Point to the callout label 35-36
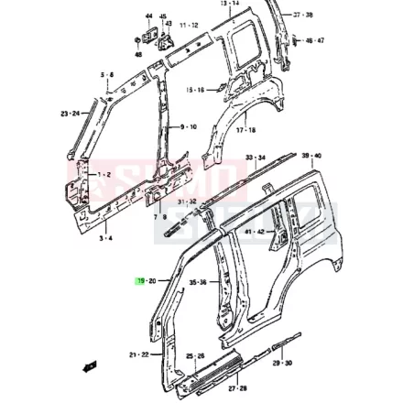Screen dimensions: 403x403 tap(197, 283)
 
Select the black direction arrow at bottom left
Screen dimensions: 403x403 tap(90, 366)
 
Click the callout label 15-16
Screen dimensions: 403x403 tap(194, 90)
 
